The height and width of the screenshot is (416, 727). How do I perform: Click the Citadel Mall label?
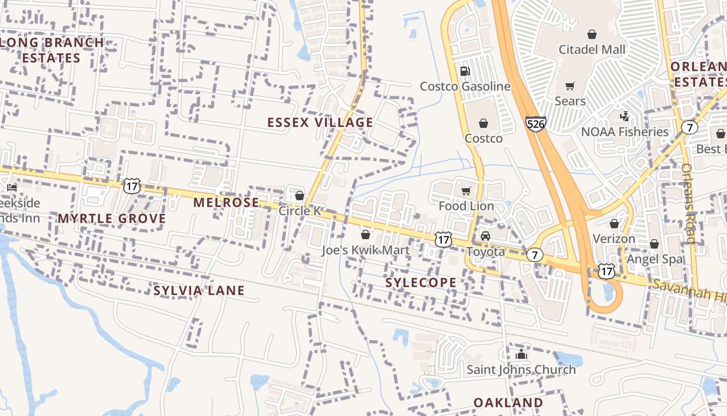point(592,50)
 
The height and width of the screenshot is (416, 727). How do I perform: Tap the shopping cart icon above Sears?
point(570,86)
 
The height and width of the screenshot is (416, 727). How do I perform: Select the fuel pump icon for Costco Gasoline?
point(465,71)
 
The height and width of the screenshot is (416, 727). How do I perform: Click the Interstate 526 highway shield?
point(534,124)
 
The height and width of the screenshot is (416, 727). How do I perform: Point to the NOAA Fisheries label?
point(624,132)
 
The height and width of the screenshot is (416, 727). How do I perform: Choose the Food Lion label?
point(466,206)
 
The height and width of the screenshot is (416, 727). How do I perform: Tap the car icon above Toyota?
point(485,236)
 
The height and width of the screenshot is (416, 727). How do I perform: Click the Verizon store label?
point(614,239)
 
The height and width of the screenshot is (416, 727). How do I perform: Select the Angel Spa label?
point(654,259)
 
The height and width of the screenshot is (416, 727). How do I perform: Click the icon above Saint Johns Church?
point(521,355)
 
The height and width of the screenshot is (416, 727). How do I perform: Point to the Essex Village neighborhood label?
point(320,123)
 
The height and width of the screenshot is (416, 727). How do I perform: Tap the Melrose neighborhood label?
point(226,203)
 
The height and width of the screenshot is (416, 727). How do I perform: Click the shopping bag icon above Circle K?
point(299,196)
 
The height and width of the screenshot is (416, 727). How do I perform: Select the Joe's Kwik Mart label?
point(366,250)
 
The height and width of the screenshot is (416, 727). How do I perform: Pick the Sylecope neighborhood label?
point(421,283)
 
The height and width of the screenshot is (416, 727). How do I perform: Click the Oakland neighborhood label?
point(508,402)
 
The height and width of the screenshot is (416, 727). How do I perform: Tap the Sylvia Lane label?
point(199,291)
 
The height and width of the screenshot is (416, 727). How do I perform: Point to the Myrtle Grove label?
point(112,218)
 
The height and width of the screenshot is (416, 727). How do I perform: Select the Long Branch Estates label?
point(52,50)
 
